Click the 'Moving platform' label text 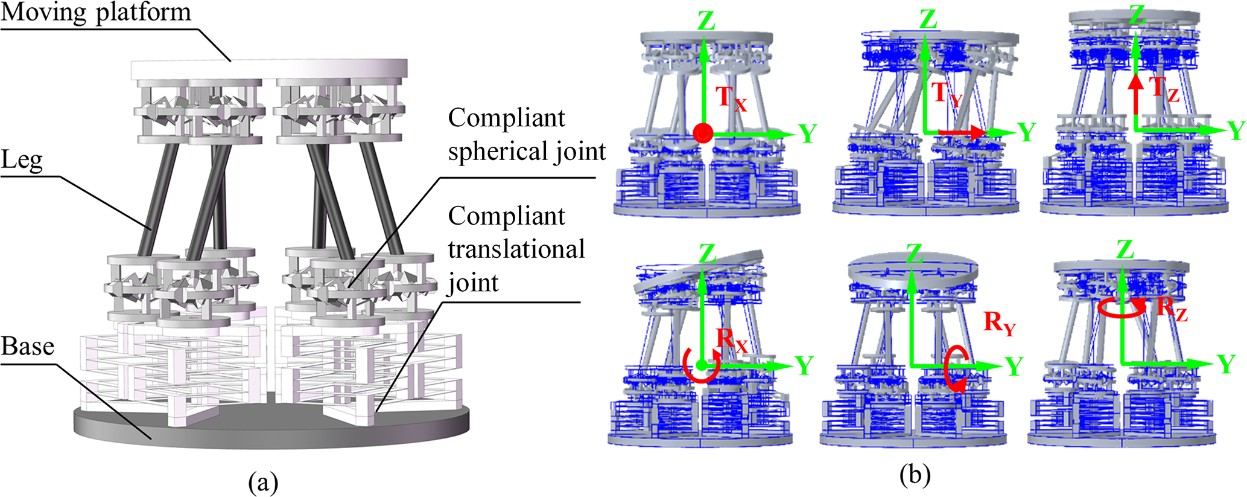point(95,12)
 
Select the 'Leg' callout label point(22,161)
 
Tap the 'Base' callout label point(28,347)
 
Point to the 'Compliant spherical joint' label point(526,135)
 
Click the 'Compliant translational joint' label point(516,249)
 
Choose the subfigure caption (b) point(915,475)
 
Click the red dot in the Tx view point(703,133)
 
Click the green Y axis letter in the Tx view point(807,133)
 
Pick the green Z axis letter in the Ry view point(915,254)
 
